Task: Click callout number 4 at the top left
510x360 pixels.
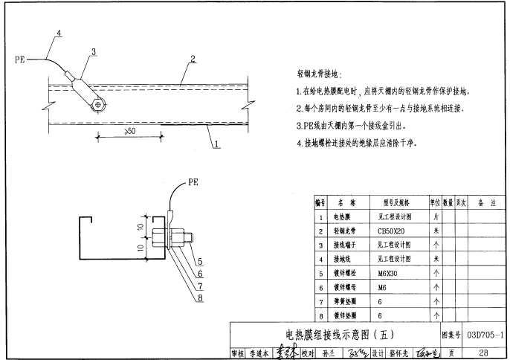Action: [59, 32]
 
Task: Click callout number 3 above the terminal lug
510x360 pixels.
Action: [94, 51]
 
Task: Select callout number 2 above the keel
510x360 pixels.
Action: [193, 59]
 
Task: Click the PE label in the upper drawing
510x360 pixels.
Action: [19, 57]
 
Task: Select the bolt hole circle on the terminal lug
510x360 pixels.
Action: [98, 106]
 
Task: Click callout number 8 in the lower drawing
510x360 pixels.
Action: [199, 299]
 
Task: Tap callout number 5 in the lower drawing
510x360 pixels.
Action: [199, 261]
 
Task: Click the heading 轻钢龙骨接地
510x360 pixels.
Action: [317, 74]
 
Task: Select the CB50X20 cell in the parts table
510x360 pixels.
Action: [393, 231]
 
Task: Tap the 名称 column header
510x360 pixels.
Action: [346, 202]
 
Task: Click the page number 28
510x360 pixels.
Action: [484, 353]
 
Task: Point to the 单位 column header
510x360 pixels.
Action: [435, 202]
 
